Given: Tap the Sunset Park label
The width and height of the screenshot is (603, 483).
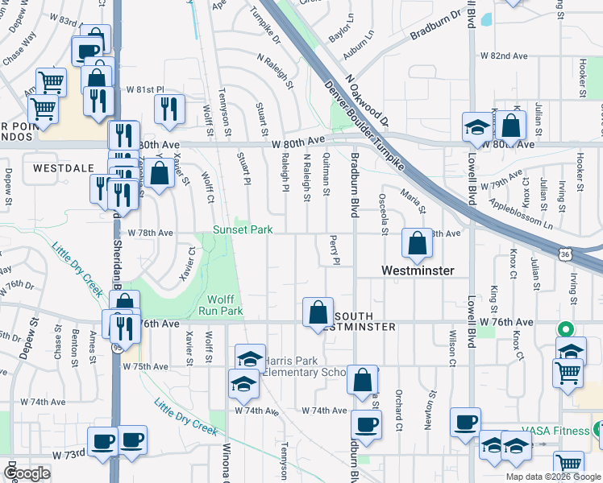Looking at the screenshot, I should tap(243, 230).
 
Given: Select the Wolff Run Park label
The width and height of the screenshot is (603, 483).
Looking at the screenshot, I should tap(220, 304).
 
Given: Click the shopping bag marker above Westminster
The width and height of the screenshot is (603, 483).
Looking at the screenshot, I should tap(417, 243).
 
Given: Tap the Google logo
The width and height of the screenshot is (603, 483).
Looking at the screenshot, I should tap(27, 473).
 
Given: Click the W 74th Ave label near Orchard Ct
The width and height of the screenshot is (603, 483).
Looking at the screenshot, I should tap(325, 411).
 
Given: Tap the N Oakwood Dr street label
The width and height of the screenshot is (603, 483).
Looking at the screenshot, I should tap(367, 101).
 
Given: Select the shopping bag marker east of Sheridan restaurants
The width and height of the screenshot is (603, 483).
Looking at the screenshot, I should tap(160, 174).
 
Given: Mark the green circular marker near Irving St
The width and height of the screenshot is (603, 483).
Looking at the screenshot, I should tap(565, 329).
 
